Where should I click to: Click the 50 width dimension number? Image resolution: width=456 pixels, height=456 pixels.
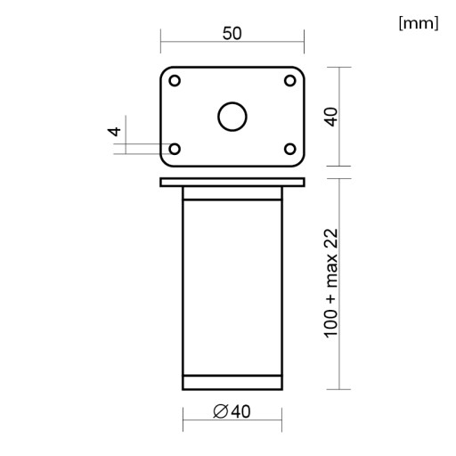232,33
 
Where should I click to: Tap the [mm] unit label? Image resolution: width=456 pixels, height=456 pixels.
419,23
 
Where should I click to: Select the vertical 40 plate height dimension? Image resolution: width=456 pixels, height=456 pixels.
332,117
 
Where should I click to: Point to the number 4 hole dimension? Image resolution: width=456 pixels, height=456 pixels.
114,131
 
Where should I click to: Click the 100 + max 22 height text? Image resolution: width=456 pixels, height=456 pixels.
331,283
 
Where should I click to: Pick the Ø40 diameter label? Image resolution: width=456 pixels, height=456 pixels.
232,411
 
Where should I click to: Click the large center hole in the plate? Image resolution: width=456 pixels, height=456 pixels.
232,117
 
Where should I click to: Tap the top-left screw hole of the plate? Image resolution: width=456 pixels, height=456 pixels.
175,80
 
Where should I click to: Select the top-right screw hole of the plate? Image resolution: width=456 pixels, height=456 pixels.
290,80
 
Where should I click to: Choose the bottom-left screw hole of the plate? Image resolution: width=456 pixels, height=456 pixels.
175,149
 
